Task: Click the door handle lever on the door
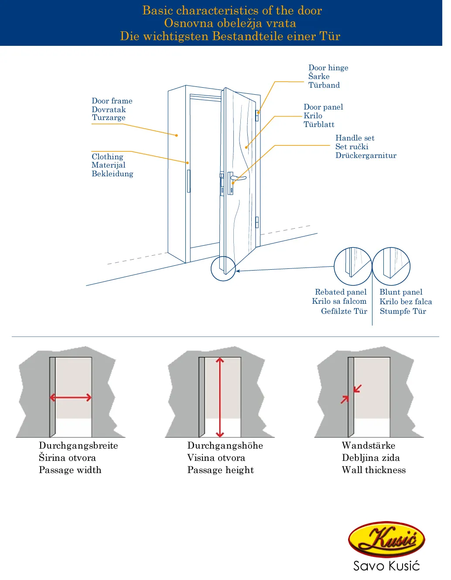tap(239, 178)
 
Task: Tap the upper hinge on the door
tap(257, 116)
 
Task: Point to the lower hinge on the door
tap(257, 222)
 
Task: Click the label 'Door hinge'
tap(328, 68)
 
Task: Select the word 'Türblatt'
tap(319, 124)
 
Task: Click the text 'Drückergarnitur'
tap(366, 155)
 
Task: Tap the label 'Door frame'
tap(112, 101)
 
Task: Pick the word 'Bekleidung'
tap(112, 174)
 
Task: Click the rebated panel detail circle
tap(352, 266)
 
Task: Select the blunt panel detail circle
tap(391, 266)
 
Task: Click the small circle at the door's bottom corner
tap(223, 268)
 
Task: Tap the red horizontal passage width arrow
tap(71, 398)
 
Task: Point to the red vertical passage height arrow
tap(220, 397)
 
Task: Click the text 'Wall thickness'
tap(373, 470)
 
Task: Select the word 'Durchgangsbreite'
tap(78, 446)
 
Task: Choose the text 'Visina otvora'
tap(216, 458)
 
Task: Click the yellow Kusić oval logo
tap(386, 539)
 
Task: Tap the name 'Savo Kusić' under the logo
tap(386, 566)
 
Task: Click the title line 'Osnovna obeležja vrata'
tap(230, 23)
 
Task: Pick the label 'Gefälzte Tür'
tap(344, 311)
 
